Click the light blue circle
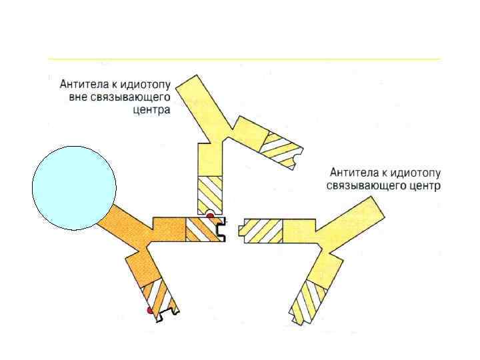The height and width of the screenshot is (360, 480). point(74,188)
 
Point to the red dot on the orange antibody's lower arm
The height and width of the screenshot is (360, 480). point(150,311)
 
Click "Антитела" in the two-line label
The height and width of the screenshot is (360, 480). point(349,172)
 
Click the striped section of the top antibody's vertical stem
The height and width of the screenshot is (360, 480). point(211,192)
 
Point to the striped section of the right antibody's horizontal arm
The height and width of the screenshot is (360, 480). point(264,230)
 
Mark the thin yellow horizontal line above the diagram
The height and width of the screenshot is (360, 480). point(244,59)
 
